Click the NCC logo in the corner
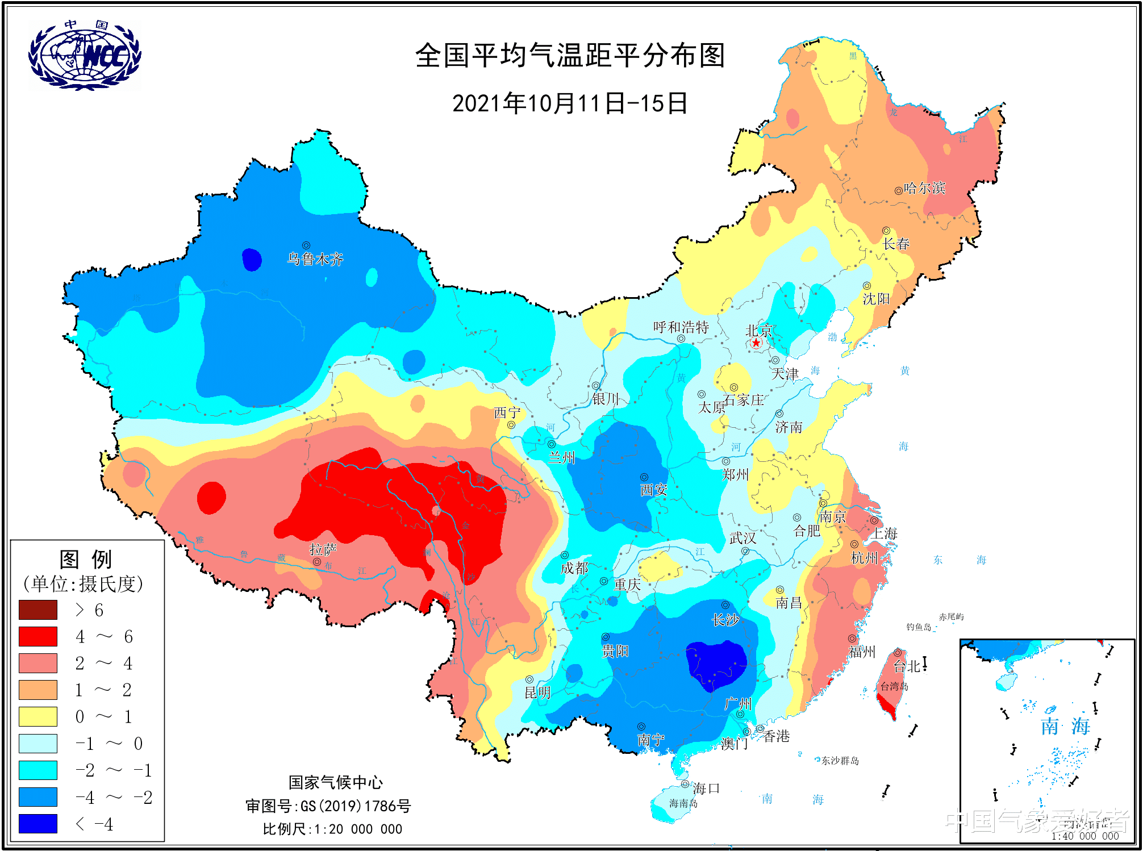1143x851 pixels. (x=85, y=55)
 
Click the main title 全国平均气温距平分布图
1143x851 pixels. (x=570, y=56)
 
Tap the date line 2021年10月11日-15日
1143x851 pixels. (x=570, y=103)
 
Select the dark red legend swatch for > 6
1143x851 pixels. (x=38, y=610)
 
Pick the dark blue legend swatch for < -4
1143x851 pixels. (x=38, y=823)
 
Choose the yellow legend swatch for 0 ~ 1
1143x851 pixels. (x=38, y=716)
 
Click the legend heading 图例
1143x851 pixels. (x=86, y=559)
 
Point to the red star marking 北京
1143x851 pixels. (x=756, y=343)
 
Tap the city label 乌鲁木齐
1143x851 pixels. (x=315, y=260)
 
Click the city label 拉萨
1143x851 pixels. (x=323, y=549)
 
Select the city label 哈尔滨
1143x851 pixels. (x=924, y=188)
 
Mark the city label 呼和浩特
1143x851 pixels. (x=681, y=327)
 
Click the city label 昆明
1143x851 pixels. (x=537, y=693)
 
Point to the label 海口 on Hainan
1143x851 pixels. (x=706, y=789)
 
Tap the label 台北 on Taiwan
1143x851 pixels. (x=907, y=666)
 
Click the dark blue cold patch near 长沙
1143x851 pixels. (x=716, y=665)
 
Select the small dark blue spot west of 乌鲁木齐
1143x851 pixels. (x=252, y=260)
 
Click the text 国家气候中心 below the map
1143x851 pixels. (x=335, y=782)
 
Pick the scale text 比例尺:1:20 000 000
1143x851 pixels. (x=332, y=829)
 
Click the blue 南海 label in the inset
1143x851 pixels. (x=1065, y=726)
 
